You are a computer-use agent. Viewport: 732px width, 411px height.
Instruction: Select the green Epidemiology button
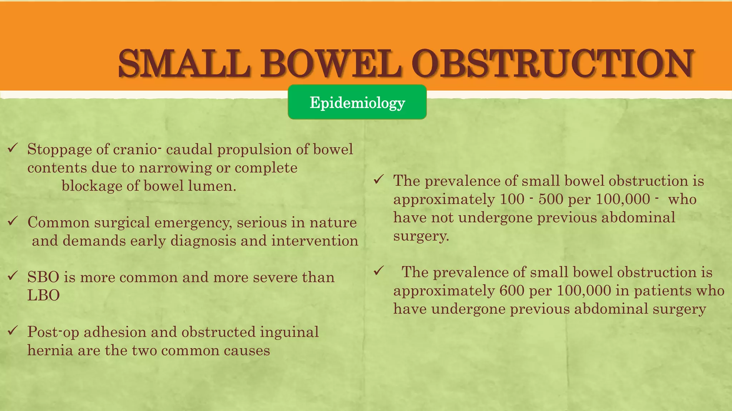tap(357, 102)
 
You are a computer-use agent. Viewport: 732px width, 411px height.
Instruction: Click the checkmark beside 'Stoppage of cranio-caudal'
tap(13, 148)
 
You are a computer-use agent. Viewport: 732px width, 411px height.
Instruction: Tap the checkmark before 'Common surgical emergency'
tap(13, 221)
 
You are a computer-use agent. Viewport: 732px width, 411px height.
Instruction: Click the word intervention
tap(315, 241)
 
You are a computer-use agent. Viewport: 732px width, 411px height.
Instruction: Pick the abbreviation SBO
tap(43, 277)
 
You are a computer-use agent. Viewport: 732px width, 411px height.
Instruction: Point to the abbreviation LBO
tap(43, 295)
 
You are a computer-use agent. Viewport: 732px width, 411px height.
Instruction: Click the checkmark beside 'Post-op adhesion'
tap(13, 331)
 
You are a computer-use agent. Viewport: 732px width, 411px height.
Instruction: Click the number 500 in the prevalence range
tap(551, 199)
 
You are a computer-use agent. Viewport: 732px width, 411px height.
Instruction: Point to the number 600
tap(512, 291)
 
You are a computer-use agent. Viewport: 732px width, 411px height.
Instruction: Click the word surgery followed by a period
tap(421, 236)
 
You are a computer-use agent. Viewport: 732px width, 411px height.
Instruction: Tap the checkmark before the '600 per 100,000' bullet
tap(379, 271)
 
